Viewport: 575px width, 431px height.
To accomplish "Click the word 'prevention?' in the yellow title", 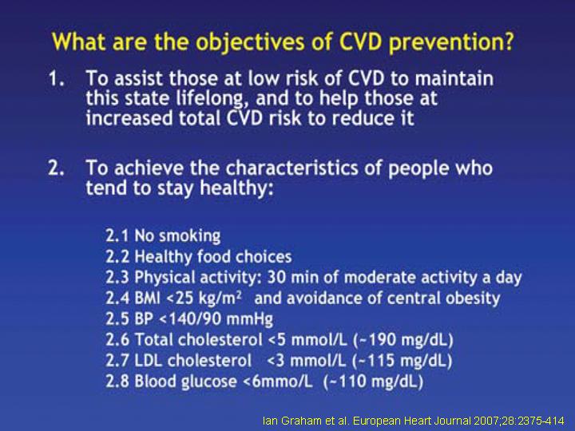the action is (451, 42).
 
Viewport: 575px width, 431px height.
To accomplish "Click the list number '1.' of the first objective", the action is (57, 78).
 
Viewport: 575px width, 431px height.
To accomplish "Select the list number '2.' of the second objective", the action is (57, 168).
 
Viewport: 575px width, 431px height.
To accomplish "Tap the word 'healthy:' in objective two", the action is (236, 188).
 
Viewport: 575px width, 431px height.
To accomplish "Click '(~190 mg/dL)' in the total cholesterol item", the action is (403, 340).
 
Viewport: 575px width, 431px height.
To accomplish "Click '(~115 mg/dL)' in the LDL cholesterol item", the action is (402, 361).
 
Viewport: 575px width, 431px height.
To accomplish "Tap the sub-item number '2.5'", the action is (117, 318).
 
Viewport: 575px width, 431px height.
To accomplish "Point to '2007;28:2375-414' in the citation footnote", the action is (519, 421).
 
